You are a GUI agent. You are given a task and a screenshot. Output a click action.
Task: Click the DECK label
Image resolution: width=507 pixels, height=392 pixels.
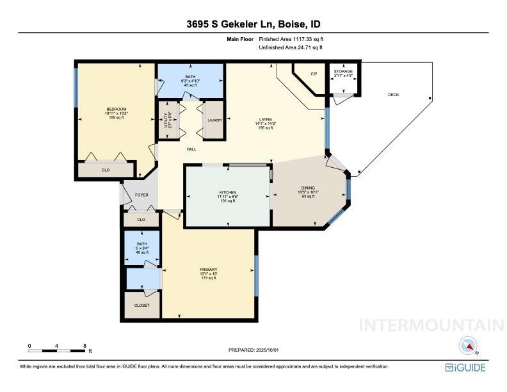(x=393, y=95)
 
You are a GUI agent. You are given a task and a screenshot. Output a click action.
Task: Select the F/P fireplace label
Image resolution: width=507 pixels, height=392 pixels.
(x=314, y=74)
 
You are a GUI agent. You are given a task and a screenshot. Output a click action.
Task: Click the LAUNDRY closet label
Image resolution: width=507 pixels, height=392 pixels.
(x=214, y=120)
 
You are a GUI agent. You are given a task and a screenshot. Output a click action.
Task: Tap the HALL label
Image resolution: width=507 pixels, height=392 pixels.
(x=191, y=149)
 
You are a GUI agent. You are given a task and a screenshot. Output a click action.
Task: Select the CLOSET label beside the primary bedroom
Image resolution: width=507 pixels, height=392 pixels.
(x=142, y=306)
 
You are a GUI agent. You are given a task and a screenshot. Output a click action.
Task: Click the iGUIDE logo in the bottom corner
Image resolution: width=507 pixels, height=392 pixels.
(x=466, y=368)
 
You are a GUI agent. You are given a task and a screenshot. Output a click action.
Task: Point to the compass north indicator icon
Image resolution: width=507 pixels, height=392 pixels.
(x=470, y=346)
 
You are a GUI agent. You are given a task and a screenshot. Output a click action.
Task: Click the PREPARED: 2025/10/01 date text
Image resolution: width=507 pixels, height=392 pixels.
(x=253, y=350)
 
